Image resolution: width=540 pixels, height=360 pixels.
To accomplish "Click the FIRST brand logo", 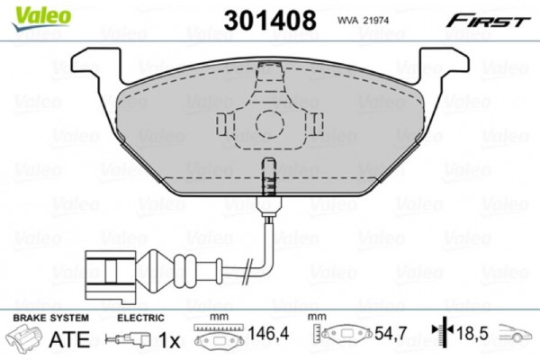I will point(489,19).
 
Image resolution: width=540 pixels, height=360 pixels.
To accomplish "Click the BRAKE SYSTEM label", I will point(49,319).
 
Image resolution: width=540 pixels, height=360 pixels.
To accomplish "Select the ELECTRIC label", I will point(141,319).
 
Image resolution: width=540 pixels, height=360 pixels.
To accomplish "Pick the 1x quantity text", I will point(169,340).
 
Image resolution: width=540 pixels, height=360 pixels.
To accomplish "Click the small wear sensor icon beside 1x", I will point(128,340).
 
